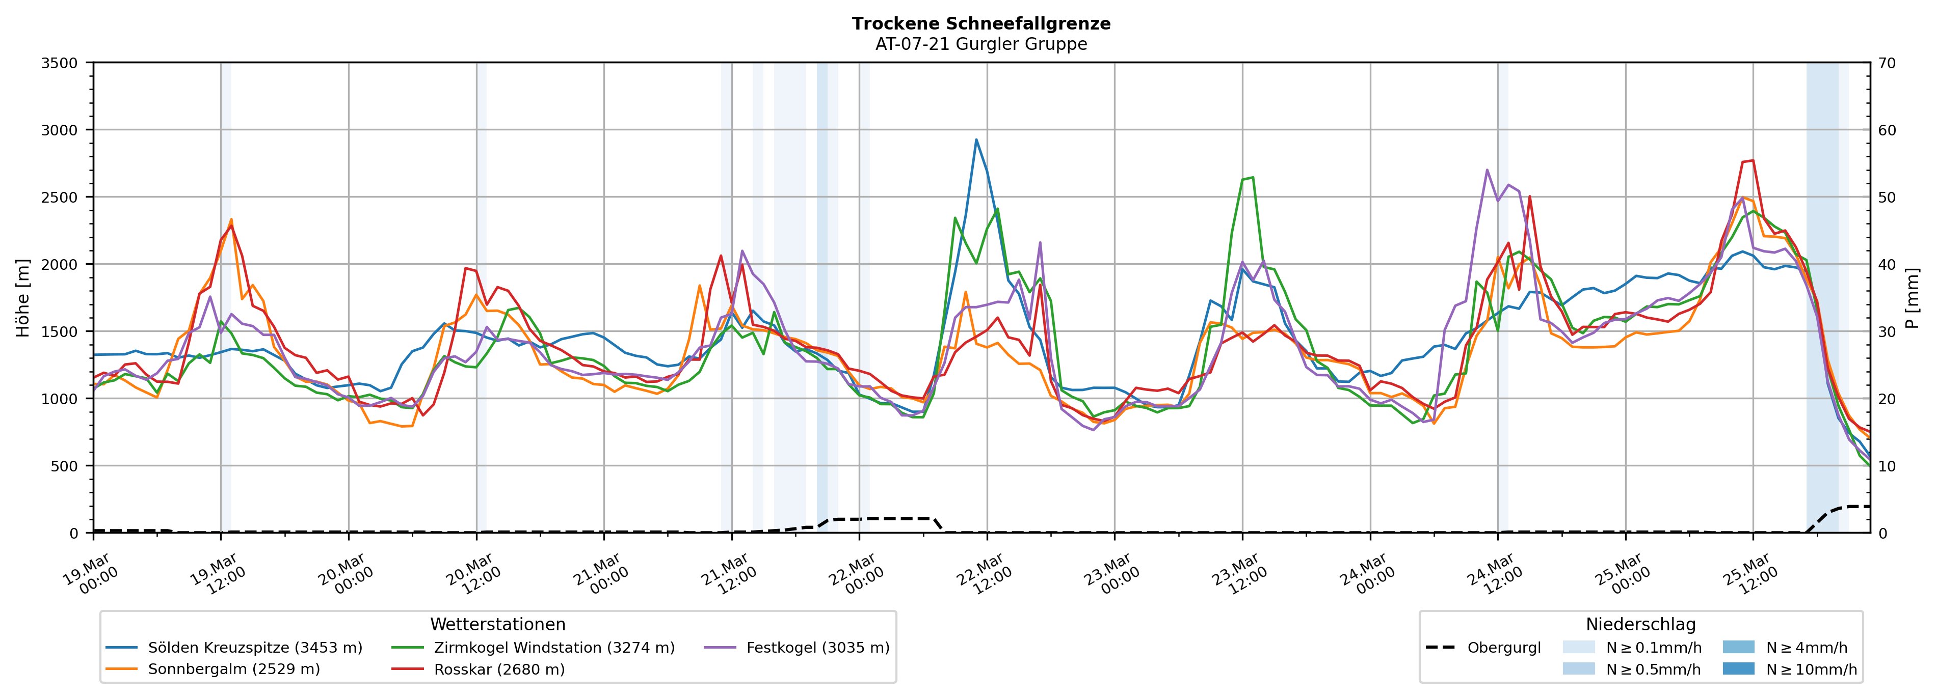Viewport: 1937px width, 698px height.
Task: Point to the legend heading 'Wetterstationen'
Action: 498,624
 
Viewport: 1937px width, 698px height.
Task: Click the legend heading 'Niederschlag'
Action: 1641,624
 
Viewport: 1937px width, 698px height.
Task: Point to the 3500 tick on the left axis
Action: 60,63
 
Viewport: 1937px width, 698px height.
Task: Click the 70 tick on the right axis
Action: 1887,63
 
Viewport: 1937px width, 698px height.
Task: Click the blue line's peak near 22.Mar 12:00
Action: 976,139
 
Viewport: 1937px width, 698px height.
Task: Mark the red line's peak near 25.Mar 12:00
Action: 1753,160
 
